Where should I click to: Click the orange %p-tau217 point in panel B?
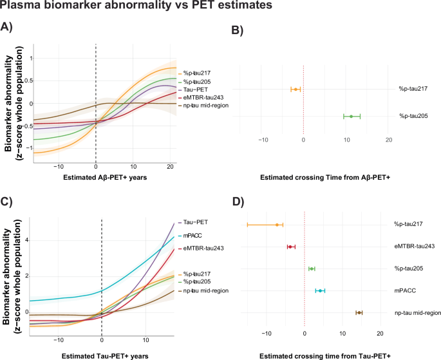pyautogui.click(x=296, y=89)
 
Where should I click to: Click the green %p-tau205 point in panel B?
pyautogui.click(x=352, y=116)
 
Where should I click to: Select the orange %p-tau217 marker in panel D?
pyautogui.click(x=277, y=225)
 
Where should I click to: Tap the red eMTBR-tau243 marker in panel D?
pyautogui.click(x=291, y=247)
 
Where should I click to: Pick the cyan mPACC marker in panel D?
pyautogui.click(x=320, y=290)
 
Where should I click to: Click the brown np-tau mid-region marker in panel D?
pyautogui.click(x=359, y=312)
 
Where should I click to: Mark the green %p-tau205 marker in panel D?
pyautogui.click(x=312, y=269)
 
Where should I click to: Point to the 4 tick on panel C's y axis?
pyautogui.click(x=27, y=240)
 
